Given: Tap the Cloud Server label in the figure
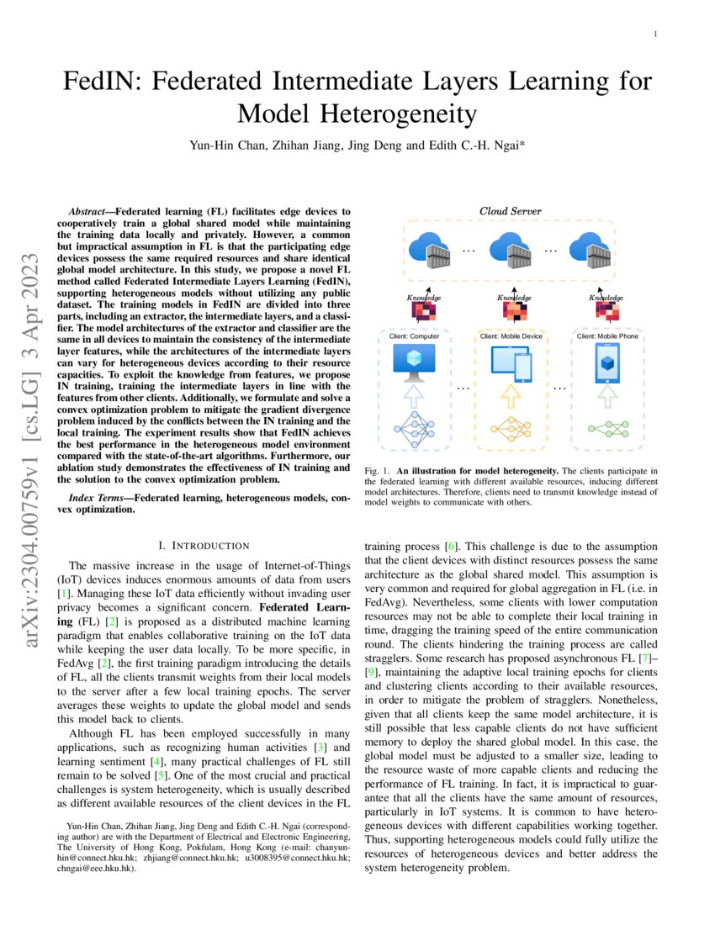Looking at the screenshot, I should [510, 211].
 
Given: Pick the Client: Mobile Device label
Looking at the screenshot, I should [511, 336].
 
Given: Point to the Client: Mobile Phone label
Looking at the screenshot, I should [607, 336].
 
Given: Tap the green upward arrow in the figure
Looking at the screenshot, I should [607, 396].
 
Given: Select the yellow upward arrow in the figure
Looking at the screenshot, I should [511, 396].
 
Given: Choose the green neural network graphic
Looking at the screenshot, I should [607, 429].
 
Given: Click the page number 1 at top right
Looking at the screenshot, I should [655, 34].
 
